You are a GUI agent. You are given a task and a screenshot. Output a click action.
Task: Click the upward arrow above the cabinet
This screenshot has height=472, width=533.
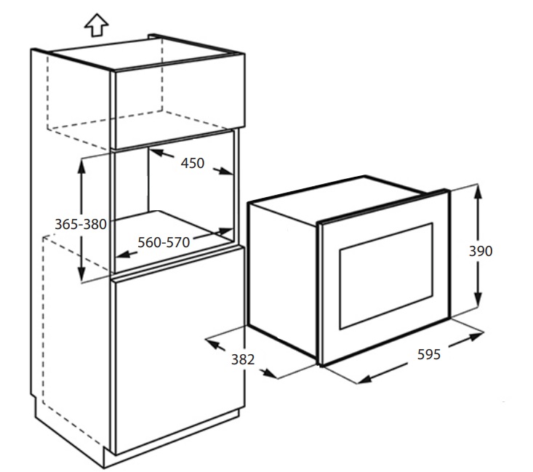coord(96,25)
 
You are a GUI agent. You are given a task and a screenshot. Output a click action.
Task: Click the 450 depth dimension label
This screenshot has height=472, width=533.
coord(192,163)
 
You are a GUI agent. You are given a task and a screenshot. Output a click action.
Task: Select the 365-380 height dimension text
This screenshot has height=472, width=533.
coord(81,224)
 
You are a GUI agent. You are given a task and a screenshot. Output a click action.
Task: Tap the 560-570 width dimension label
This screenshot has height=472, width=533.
coord(164,242)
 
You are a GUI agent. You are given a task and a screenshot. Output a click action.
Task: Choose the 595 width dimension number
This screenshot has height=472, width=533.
coord(429,355)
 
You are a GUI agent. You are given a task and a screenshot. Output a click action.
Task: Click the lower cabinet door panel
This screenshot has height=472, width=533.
coord(178,349)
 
